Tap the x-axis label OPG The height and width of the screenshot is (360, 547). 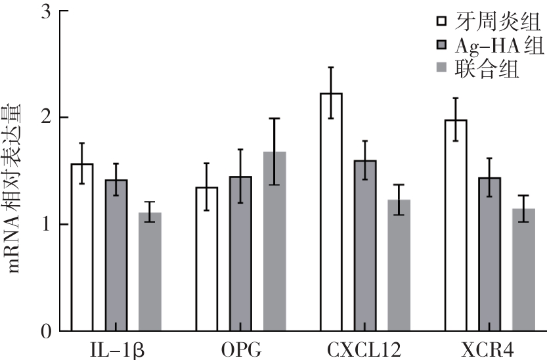(240, 348)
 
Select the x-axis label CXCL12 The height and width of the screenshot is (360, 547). (365, 348)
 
